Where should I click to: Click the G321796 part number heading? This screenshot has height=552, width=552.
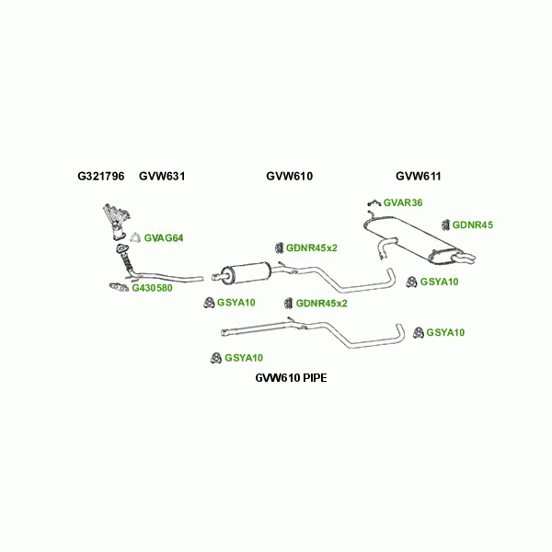[100, 176]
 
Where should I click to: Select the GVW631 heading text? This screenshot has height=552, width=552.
[162, 176]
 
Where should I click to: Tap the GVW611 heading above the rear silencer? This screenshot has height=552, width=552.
[419, 176]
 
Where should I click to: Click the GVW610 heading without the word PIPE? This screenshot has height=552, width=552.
[290, 176]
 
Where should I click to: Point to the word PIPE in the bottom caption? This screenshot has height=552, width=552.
[313, 378]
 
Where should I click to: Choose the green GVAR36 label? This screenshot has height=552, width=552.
[402, 202]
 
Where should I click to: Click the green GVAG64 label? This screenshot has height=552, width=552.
[164, 238]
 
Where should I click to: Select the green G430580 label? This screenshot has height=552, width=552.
[152, 288]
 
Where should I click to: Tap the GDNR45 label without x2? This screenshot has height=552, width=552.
[473, 224]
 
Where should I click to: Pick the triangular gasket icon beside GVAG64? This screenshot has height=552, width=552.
[133, 237]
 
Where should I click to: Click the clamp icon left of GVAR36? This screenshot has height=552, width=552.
[373, 201]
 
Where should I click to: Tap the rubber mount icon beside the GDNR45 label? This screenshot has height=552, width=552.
[446, 224]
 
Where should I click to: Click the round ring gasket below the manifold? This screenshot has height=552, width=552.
[120, 249]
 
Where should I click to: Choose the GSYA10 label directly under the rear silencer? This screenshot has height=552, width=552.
[439, 282]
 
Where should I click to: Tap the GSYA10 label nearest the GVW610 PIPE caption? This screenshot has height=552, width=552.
[244, 358]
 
